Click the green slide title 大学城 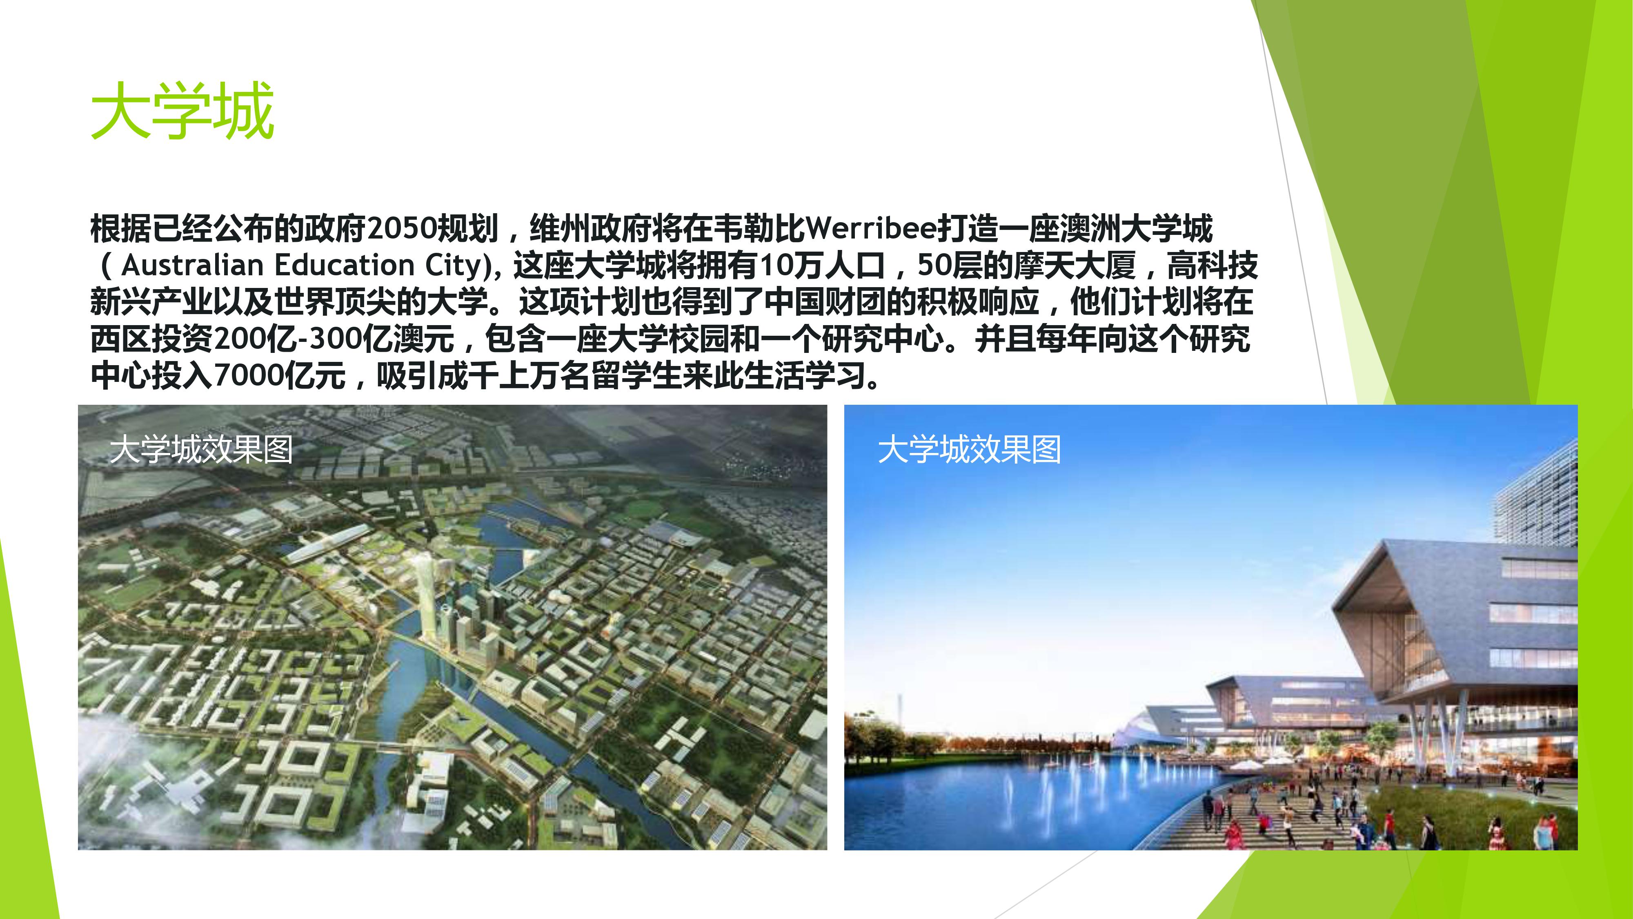[x=182, y=110]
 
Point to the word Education [x=344, y=265]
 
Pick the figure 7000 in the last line [x=249, y=375]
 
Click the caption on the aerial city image [x=201, y=450]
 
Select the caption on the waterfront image [x=969, y=450]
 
